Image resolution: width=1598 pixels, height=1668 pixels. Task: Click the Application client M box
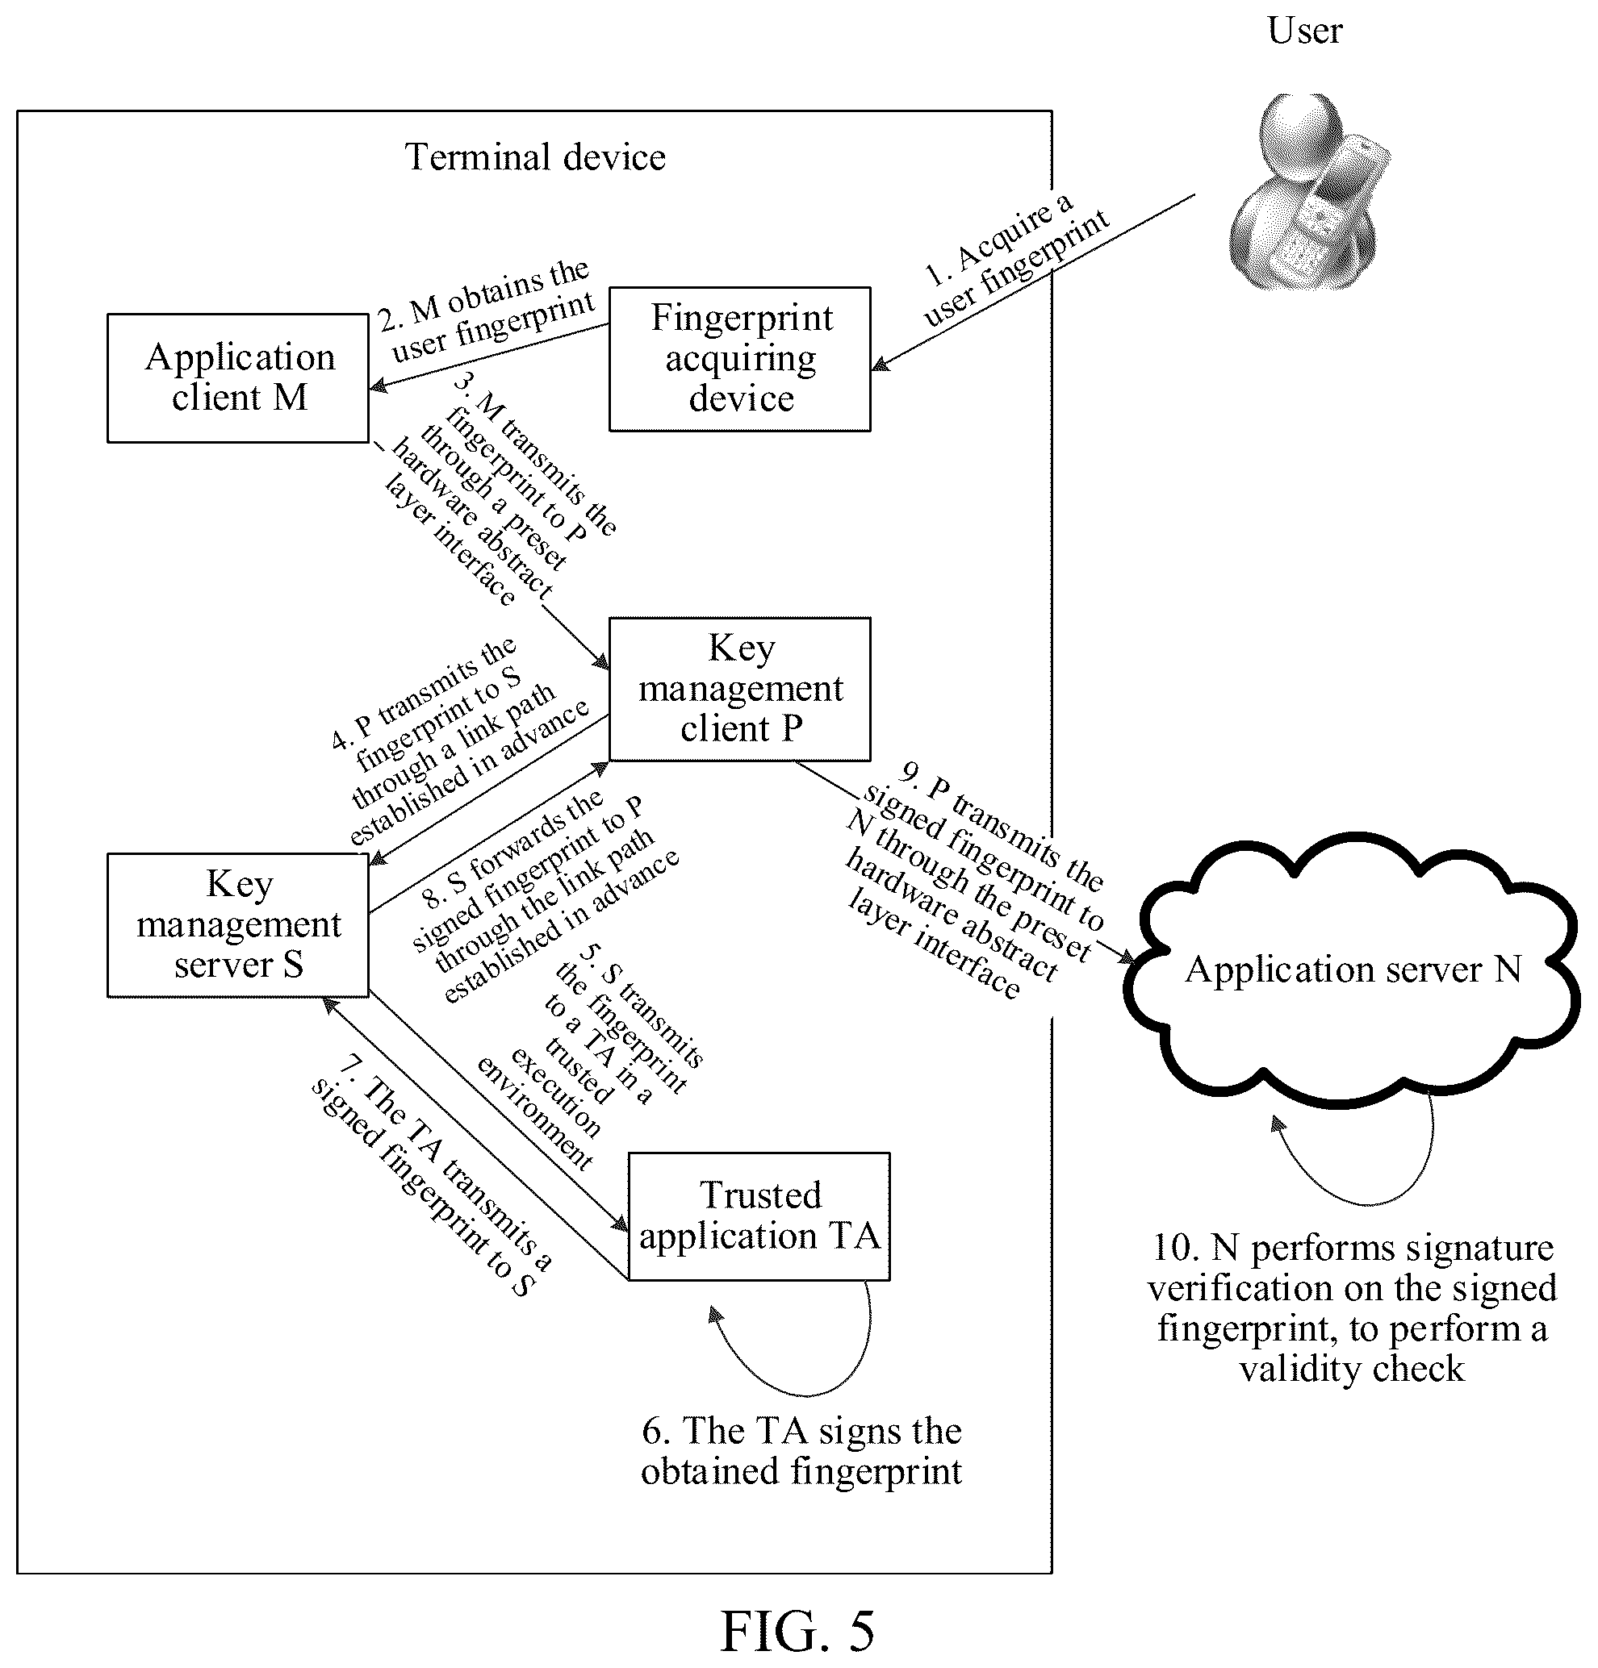click(237, 377)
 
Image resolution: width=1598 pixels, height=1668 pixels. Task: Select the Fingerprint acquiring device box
click(740, 359)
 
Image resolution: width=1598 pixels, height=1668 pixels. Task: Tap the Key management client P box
click(740, 690)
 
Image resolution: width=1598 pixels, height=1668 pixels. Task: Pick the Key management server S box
click(237, 925)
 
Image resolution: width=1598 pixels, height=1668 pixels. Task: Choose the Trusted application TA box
click(759, 1216)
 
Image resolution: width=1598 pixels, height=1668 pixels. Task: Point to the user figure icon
click(1309, 192)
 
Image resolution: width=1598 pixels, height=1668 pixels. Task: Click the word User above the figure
click(1304, 31)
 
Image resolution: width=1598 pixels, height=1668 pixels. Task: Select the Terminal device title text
click(534, 157)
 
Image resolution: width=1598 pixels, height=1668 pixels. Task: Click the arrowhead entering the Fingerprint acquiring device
click(880, 365)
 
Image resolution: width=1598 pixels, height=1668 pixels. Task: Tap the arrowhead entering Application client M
click(378, 386)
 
